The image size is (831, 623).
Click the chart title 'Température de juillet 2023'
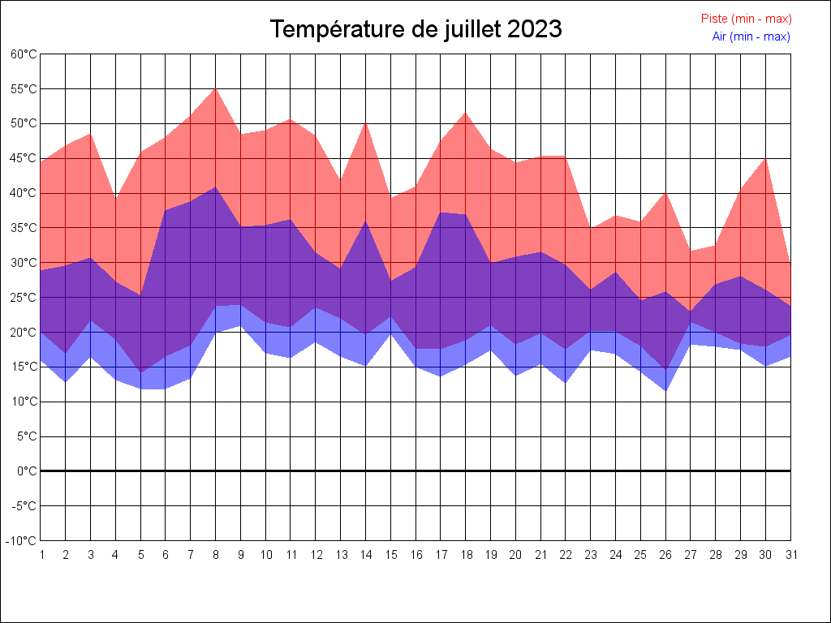pos(415,29)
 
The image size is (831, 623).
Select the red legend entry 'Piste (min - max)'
pos(746,19)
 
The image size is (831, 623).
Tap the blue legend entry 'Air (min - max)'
pos(751,37)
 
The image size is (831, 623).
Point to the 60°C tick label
pos(24,54)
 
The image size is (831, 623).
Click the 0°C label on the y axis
pos(27,471)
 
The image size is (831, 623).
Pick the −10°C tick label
pos(22,541)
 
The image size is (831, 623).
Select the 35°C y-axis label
pos(24,228)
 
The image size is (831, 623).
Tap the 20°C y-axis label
pos(24,333)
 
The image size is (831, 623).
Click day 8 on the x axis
pos(216,555)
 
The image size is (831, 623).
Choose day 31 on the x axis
pos(790,555)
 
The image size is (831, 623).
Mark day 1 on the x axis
pos(41,555)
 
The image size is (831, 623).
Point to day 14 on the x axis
pos(365,555)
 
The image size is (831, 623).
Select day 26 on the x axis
pos(665,555)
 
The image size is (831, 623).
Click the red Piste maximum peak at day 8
pos(216,88)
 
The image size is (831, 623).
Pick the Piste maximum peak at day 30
pos(765,158)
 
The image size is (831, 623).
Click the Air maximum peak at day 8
pos(216,187)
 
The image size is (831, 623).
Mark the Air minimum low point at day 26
pos(665,391)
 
